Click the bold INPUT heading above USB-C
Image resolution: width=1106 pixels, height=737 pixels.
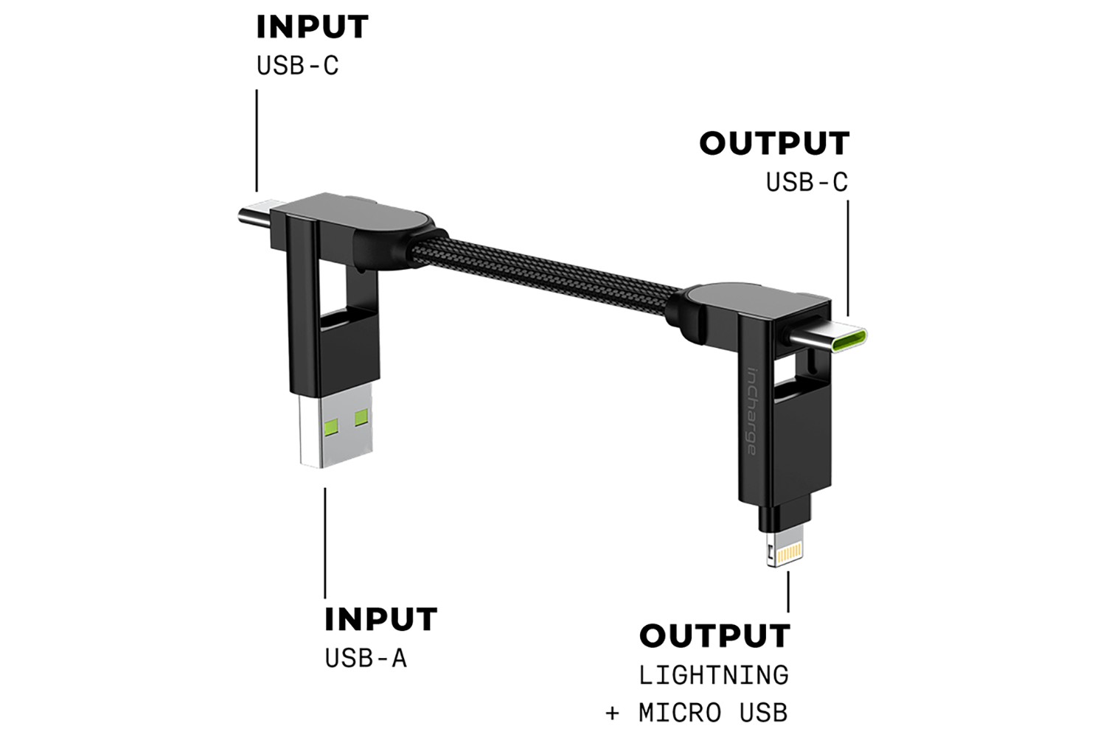tap(312, 27)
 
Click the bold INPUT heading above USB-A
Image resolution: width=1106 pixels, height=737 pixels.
tap(380, 620)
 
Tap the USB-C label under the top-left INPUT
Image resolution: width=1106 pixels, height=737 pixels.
tap(297, 66)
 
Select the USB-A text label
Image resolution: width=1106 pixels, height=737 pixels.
tap(366, 658)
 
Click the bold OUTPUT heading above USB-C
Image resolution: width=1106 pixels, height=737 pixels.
tap(774, 144)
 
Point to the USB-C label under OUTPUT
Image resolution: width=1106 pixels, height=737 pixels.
tap(807, 182)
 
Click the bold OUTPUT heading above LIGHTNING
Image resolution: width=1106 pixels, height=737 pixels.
tap(714, 636)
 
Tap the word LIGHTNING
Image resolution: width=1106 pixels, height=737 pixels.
tap(714, 674)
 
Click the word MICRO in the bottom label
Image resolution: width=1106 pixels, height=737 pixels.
tap(680, 713)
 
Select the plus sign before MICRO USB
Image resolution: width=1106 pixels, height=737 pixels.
tap(612, 713)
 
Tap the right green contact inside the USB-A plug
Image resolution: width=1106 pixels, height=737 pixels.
tap(361, 418)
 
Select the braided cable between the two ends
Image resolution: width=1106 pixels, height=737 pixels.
tap(546, 269)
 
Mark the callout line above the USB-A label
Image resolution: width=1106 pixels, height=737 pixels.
tap(325, 542)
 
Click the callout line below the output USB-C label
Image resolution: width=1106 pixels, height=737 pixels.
tap(847, 258)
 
